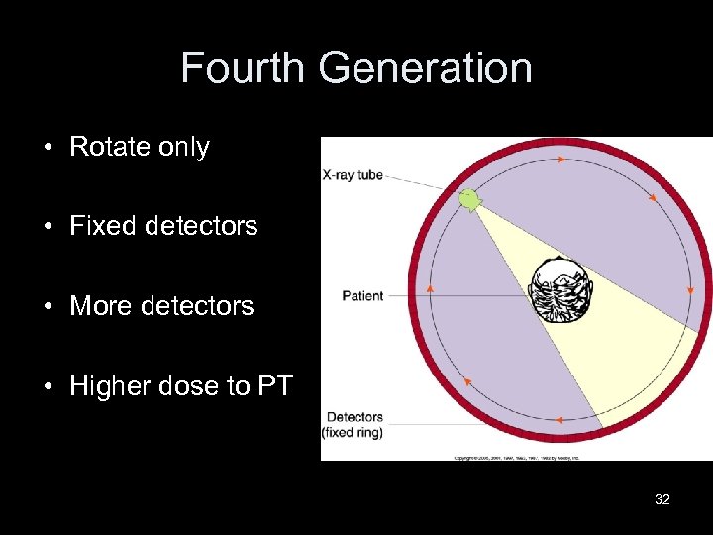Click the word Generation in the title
(426, 68)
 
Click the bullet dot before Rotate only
(48, 148)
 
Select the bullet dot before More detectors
(48, 307)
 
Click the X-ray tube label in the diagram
(354, 175)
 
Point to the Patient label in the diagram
(362, 295)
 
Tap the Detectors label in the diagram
(355, 417)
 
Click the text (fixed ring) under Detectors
(352, 432)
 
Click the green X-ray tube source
(469, 201)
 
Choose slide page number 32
(662, 499)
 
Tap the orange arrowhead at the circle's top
(561, 159)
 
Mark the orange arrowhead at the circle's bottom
(559, 421)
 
